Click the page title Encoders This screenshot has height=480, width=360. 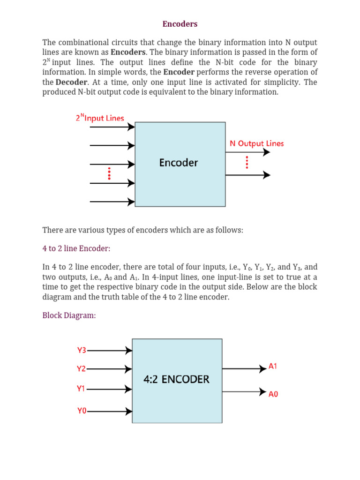click(180, 24)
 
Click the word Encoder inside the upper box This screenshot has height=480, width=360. click(179, 163)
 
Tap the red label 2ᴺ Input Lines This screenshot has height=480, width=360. click(100, 118)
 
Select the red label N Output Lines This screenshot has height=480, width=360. click(256, 143)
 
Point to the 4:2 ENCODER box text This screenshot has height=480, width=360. click(176, 379)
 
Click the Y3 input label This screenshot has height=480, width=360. click(82, 350)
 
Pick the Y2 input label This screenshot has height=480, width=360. click(82, 369)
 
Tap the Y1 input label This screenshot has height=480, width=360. click(82, 389)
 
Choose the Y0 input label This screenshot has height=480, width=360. click(82, 411)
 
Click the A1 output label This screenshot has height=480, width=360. click(273, 366)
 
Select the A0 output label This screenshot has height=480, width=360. click(273, 394)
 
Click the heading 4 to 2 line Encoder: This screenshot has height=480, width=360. click(76, 248)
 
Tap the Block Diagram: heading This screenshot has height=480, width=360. click(69, 315)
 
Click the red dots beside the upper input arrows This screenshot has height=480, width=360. click(109, 173)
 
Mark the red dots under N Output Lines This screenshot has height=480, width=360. click(247, 162)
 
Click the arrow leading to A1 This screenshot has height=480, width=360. click(244, 369)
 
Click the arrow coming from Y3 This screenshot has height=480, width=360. click(110, 350)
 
